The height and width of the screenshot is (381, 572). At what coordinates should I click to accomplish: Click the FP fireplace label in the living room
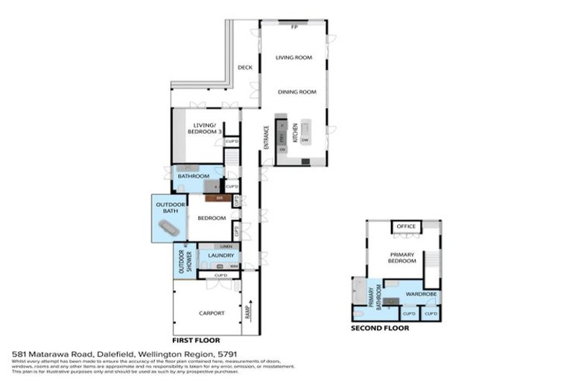pyautogui.click(x=293, y=27)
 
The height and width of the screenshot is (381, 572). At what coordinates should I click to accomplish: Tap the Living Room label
pyautogui.click(x=293, y=57)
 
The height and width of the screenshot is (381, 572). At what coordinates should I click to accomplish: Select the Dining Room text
pyautogui.click(x=297, y=92)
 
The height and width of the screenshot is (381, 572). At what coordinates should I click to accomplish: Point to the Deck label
pyautogui.click(x=245, y=68)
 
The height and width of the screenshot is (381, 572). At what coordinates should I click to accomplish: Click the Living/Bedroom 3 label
pyautogui.click(x=206, y=128)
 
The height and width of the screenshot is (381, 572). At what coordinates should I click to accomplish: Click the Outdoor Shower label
pyautogui.click(x=181, y=260)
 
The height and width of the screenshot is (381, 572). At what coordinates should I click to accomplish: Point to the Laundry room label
pyautogui.click(x=221, y=255)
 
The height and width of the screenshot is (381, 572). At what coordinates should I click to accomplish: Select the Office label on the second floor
pyautogui.click(x=406, y=226)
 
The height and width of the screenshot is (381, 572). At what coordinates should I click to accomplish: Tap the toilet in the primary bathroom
pyautogui.click(x=358, y=316)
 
